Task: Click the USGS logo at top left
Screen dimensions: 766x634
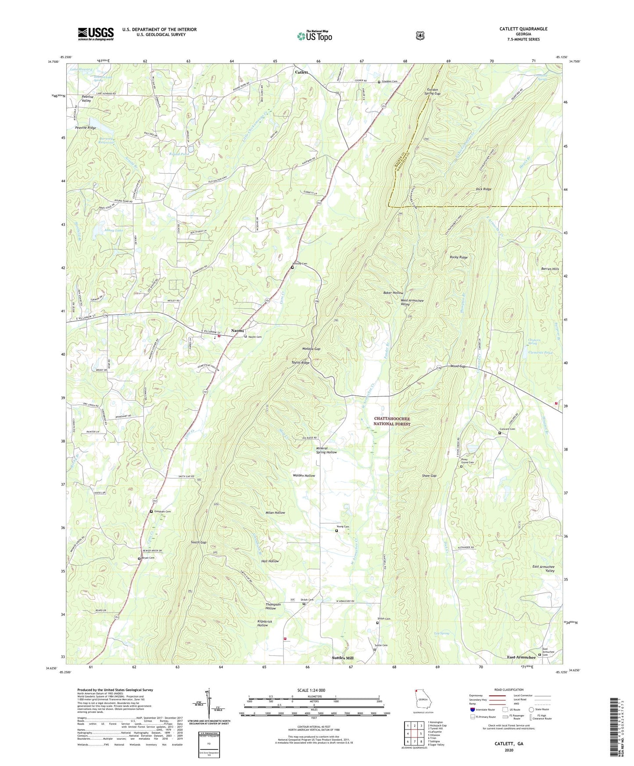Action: point(96,34)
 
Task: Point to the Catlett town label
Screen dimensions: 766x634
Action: point(301,72)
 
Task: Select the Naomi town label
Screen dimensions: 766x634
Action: point(237,331)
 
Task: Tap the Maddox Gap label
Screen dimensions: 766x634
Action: point(311,349)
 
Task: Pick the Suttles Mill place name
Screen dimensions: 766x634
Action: point(342,658)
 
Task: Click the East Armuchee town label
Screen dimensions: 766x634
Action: point(521,657)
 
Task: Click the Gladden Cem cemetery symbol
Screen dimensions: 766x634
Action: point(379,82)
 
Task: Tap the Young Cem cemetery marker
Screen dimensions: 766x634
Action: point(337,531)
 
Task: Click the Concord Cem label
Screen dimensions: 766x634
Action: point(507,429)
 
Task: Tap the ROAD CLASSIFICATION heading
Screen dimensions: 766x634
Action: point(509,690)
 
